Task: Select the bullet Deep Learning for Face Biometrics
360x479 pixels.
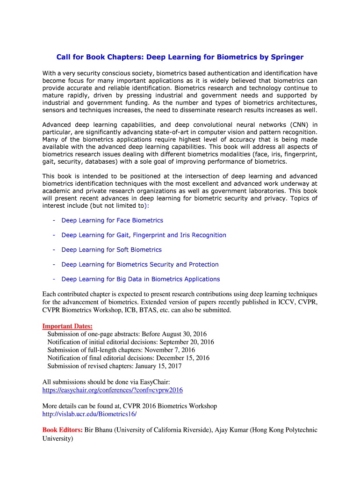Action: pos(112,220)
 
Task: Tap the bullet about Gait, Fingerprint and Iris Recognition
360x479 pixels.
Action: pos(144,235)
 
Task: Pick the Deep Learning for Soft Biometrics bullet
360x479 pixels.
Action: pos(111,250)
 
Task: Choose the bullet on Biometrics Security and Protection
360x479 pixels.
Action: pos(140,264)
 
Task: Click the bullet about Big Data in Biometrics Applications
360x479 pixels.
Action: pos(140,279)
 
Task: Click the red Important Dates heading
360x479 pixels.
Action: pos(67,326)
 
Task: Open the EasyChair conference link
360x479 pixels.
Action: pos(112,390)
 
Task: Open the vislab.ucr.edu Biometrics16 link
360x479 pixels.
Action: pos(89,414)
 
